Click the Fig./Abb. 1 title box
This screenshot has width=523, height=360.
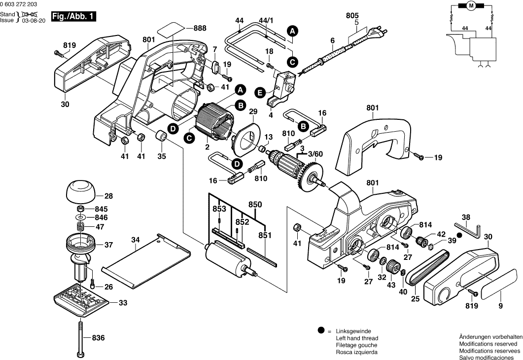(x=73, y=16)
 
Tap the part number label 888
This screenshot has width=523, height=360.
(x=200, y=29)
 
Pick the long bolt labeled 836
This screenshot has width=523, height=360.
(x=80, y=338)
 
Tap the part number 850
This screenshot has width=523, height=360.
(x=255, y=204)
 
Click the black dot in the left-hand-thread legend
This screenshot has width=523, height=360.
(x=321, y=331)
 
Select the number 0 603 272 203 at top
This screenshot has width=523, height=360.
(x=22, y=4)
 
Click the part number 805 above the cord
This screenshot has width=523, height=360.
(x=352, y=16)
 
